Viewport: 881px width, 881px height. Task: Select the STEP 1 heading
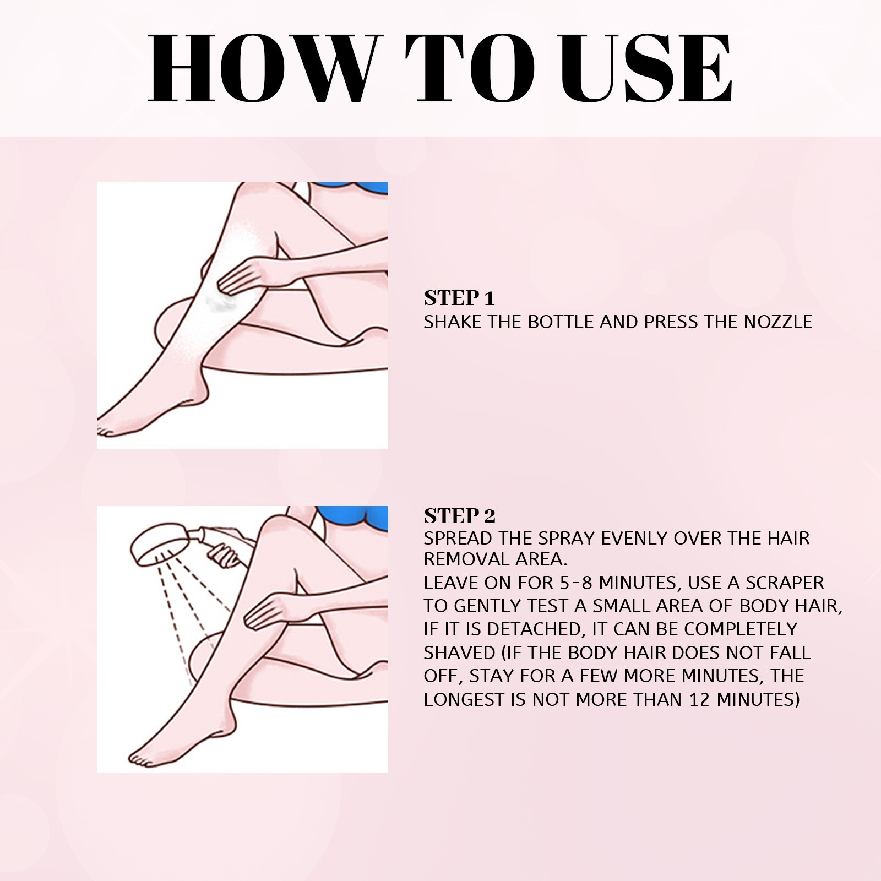point(459,298)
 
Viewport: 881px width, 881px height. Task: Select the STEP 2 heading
point(459,516)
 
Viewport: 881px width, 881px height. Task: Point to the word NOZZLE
point(777,322)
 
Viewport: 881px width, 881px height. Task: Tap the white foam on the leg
point(221,301)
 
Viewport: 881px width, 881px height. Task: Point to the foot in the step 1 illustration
point(127,418)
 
